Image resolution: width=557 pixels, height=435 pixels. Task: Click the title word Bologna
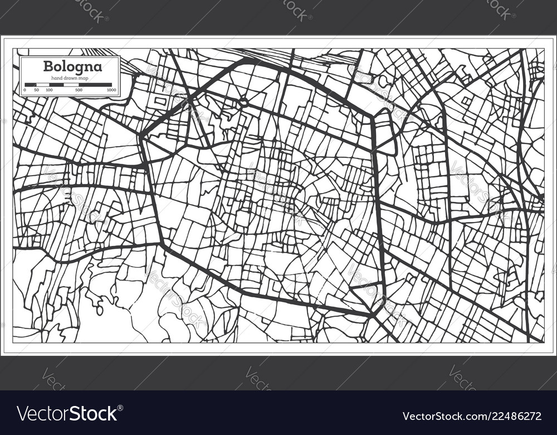coord(72,66)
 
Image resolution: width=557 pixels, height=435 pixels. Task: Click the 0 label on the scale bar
coord(25,90)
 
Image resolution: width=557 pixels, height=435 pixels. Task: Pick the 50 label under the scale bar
coord(36,90)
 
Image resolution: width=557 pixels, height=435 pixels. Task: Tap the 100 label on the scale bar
coord(49,90)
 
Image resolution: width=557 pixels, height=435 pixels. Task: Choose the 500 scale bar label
coord(79,90)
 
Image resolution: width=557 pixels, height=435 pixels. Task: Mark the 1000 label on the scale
coord(111,90)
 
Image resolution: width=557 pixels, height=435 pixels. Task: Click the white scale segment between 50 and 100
coord(43,84)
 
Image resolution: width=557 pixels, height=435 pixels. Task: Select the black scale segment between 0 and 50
coord(31,84)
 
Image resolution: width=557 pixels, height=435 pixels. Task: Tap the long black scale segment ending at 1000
coord(95,84)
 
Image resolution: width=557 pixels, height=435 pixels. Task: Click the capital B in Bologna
coord(47,66)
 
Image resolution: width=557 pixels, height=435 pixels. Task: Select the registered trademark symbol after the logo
coord(121,409)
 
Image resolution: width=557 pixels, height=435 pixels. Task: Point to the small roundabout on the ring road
coord(243,103)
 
